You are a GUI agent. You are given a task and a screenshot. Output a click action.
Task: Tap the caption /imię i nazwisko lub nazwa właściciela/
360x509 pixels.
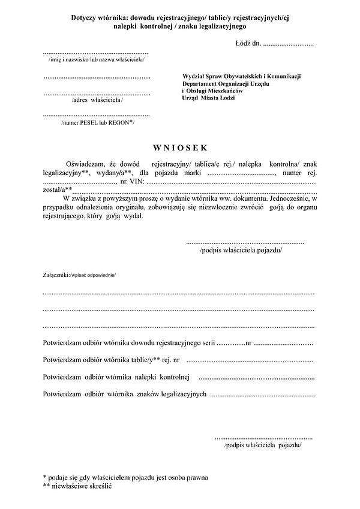(x=96, y=60)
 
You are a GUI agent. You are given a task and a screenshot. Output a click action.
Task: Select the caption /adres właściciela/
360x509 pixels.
(x=97, y=100)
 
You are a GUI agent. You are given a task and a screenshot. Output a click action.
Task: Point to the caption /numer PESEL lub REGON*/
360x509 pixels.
(x=98, y=122)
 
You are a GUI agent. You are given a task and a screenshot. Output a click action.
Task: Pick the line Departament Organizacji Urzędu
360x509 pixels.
(x=226, y=83)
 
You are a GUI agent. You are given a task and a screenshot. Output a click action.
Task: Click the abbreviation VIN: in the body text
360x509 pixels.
(x=136, y=180)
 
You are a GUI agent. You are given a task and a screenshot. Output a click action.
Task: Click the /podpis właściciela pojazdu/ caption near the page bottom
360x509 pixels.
(x=263, y=446)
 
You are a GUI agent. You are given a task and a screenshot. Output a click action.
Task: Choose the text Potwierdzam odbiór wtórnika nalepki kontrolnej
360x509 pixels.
(x=116, y=377)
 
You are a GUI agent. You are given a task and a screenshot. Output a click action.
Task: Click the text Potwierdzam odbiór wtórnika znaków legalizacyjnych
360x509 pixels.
(x=125, y=394)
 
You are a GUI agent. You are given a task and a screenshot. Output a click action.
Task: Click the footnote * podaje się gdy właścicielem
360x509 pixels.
(x=125, y=477)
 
